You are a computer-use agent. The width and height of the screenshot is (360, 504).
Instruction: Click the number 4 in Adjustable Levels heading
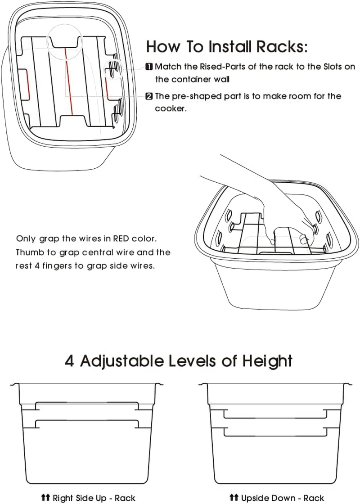pyautogui.click(x=70, y=361)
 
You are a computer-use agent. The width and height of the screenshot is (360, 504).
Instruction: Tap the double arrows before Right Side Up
pyautogui.click(x=45, y=497)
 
